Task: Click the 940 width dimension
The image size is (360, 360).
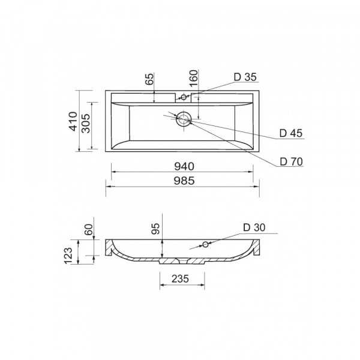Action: [184, 166]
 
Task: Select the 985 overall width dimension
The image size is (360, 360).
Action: [184, 181]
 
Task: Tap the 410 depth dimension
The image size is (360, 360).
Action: [73, 121]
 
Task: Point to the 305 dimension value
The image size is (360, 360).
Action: [86, 124]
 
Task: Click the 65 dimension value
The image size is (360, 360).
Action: [149, 79]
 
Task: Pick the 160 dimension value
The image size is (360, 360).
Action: [194, 78]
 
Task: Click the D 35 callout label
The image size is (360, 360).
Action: [245, 77]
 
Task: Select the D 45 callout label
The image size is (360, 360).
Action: [291, 133]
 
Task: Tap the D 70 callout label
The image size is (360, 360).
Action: [291, 162]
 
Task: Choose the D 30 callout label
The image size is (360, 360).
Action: [254, 227]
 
